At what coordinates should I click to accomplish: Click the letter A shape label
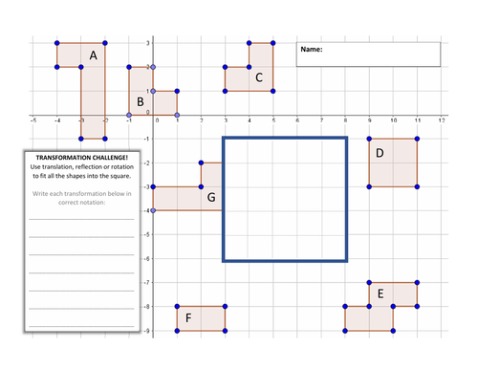click(93, 55)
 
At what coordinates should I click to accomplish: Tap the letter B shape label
click(141, 102)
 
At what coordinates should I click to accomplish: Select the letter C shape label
click(259, 77)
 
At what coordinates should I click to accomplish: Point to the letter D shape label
click(380, 153)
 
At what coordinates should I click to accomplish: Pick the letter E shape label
click(380, 293)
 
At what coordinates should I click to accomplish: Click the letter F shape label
click(188, 317)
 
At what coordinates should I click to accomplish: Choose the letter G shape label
click(211, 197)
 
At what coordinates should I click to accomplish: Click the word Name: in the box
click(312, 50)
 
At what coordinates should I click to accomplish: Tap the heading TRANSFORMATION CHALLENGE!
click(82, 158)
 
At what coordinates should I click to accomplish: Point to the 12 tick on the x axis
click(442, 120)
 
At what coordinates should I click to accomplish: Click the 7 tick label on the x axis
click(321, 120)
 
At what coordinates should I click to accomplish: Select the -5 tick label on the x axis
click(33, 120)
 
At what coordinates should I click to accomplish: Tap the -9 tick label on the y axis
click(146, 331)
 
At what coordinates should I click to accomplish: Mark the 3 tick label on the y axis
click(147, 43)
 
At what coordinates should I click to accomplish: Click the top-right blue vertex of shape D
click(417, 139)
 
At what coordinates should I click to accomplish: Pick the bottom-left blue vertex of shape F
click(177, 331)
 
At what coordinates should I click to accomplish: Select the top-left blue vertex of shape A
click(57, 43)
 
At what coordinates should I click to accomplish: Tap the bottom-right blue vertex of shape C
click(273, 91)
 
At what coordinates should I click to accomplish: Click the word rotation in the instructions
click(122, 166)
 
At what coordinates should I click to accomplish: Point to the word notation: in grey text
click(94, 203)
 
